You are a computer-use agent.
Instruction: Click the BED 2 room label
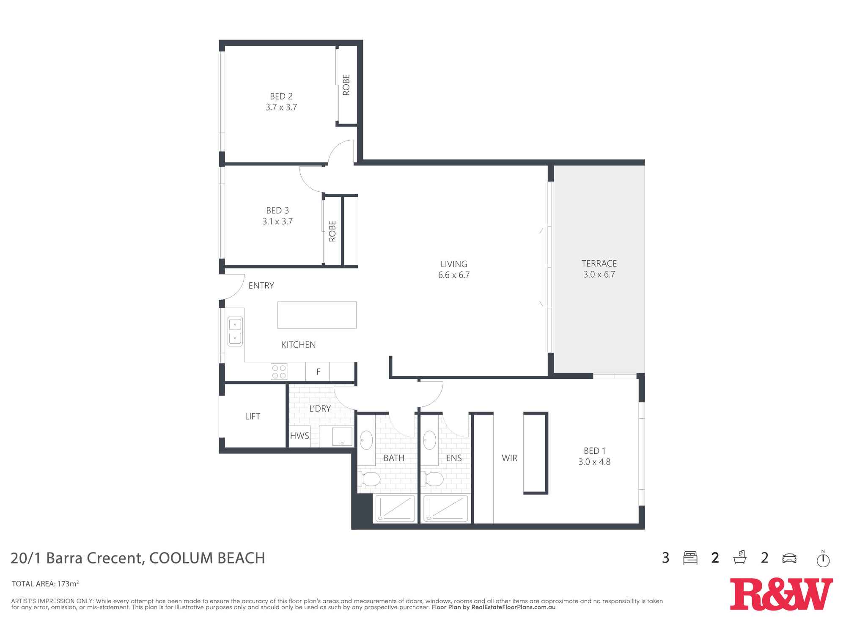click(281, 97)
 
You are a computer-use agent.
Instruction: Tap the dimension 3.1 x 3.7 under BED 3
click(277, 221)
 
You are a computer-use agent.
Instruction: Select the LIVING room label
click(454, 264)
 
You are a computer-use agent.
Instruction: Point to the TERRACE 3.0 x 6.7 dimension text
click(599, 274)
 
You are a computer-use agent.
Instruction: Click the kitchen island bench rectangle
click(317, 315)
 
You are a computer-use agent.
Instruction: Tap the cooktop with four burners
click(279, 372)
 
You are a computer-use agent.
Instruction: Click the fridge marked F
click(318, 372)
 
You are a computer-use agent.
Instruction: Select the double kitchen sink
click(235, 331)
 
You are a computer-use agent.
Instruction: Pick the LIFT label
click(253, 416)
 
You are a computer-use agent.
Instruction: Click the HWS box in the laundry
click(299, 436)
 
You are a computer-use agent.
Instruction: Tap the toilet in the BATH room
click(371, 479)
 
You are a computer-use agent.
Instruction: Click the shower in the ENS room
click(446, 508)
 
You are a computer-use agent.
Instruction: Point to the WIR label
click(509, 458)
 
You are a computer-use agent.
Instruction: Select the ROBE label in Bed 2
click(346, 85)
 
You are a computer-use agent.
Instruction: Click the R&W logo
click(781, 594)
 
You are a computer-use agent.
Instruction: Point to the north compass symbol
click(823, 559)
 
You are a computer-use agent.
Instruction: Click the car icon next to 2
click(789, 558)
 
